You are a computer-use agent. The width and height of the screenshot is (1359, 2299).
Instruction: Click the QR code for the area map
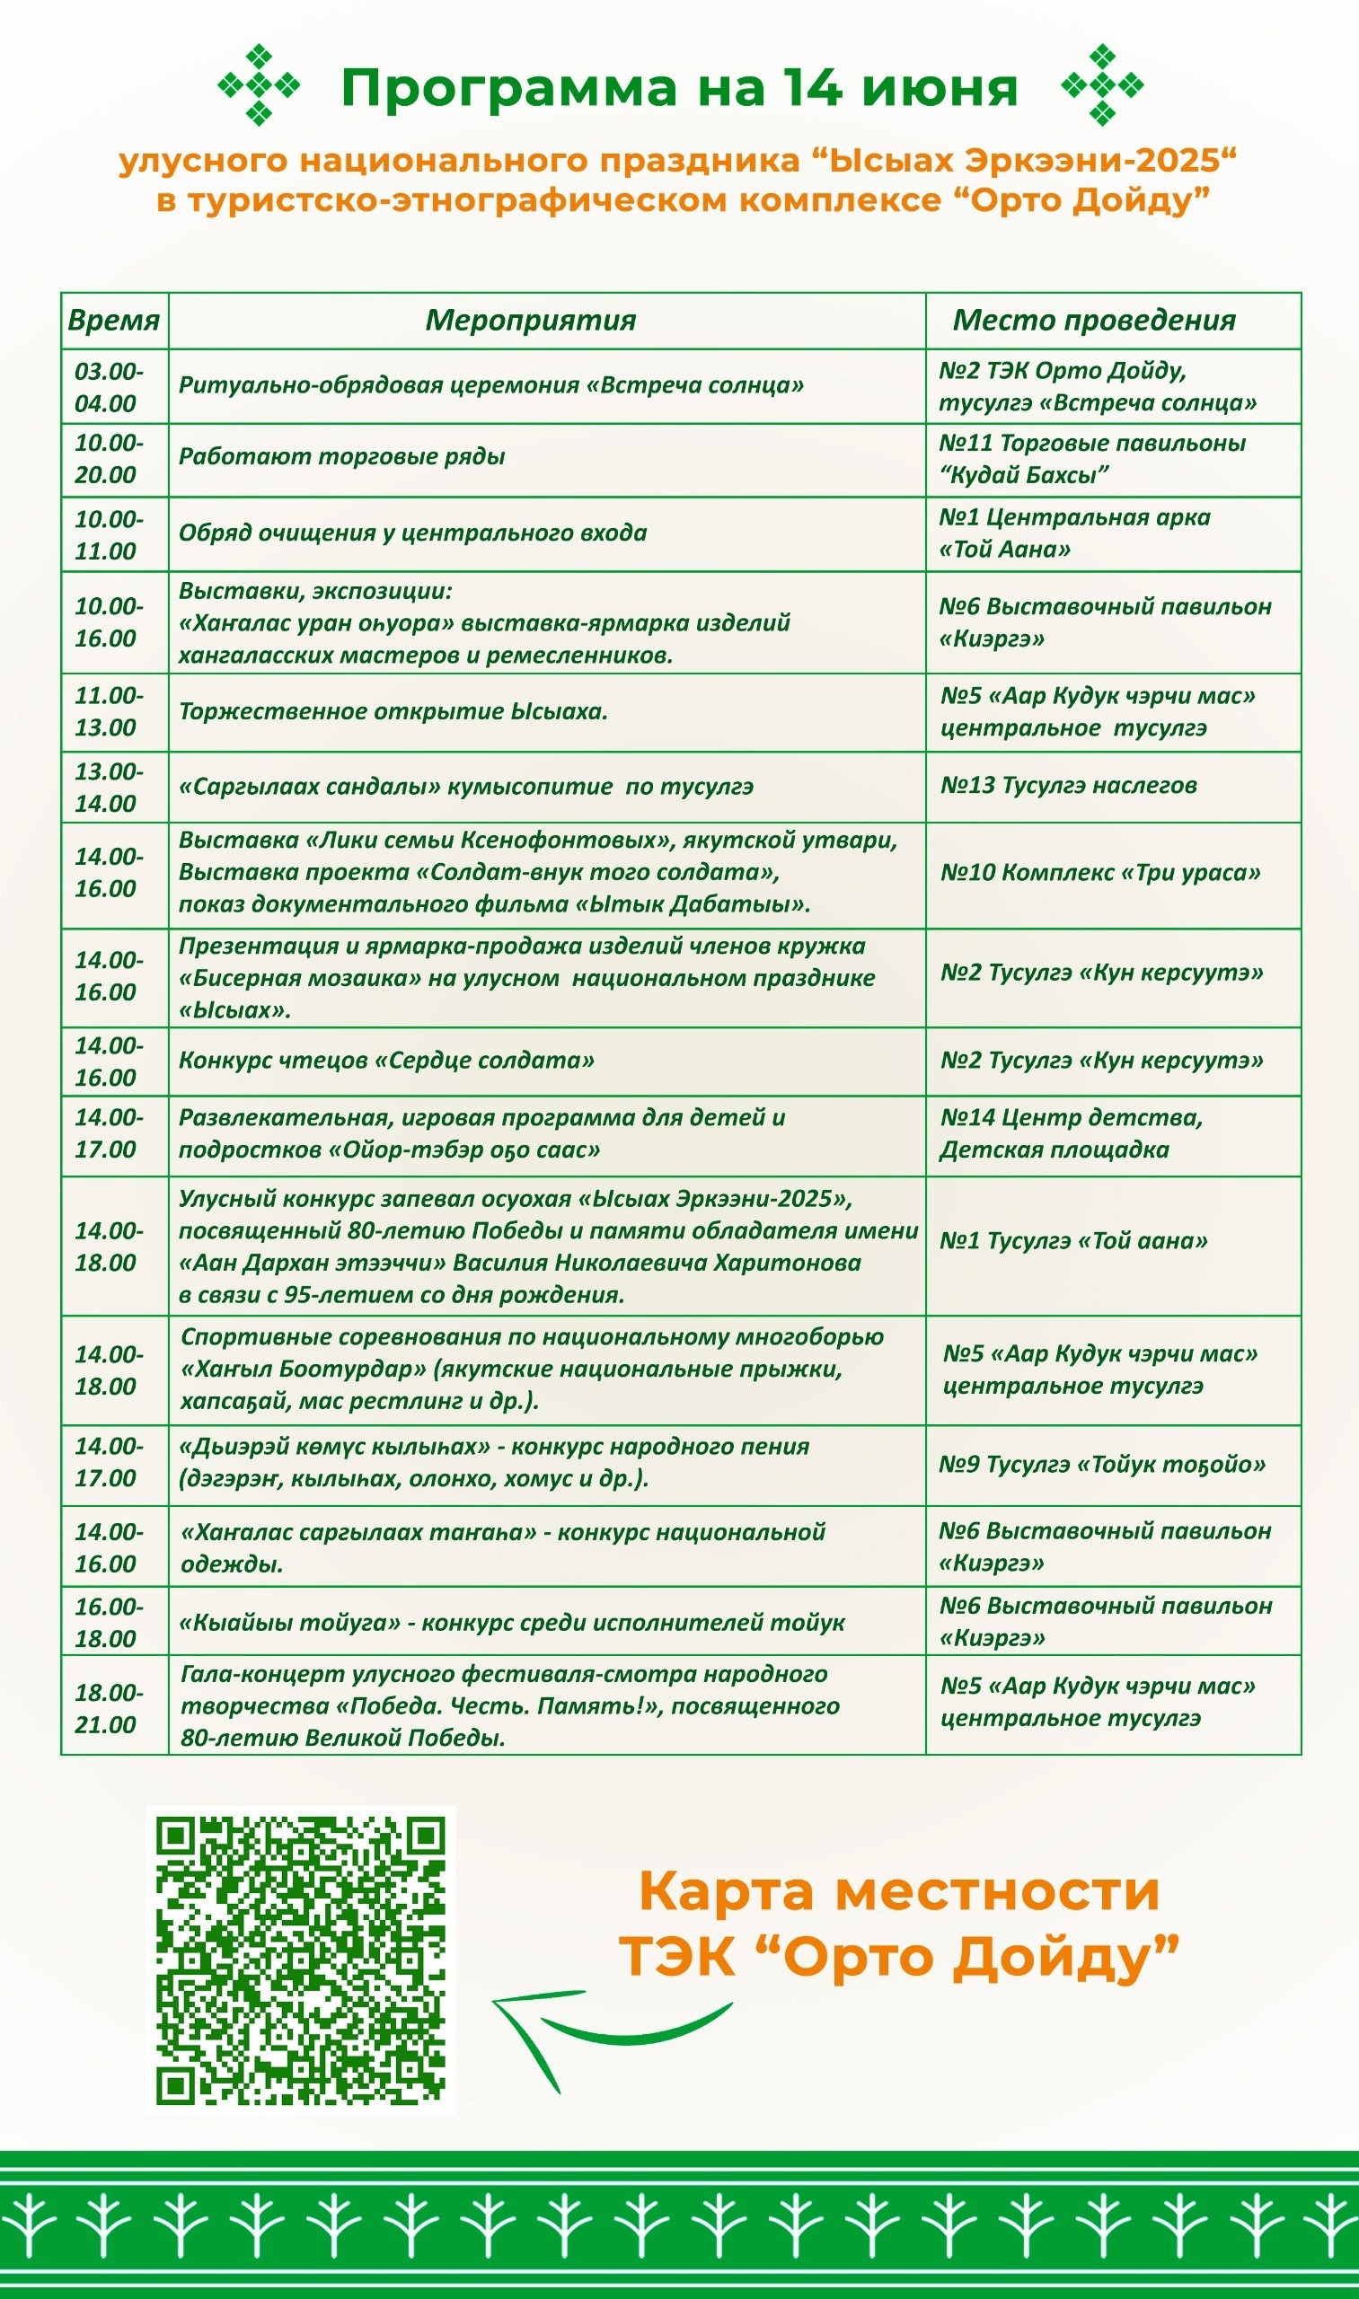click(x=300, y=1960)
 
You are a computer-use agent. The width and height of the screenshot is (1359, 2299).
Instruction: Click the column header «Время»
click(x=113, y=321)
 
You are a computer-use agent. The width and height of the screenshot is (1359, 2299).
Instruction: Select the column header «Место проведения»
click(x=1093, y=321)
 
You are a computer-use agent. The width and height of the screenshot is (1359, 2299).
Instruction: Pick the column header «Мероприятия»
click(x=530, y=321)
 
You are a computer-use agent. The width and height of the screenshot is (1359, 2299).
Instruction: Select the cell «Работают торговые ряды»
click(x=341, y=457)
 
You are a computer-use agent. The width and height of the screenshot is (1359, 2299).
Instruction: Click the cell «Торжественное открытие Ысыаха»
click(x=393, y=711)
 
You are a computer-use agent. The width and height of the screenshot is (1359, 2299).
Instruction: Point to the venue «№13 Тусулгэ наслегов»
click(x=1068, y=786)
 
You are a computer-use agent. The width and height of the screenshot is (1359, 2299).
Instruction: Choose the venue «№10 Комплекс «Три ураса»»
click(x=1099, y=873)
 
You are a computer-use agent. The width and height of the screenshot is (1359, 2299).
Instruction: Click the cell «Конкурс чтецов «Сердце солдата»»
click(x=385, y=1061)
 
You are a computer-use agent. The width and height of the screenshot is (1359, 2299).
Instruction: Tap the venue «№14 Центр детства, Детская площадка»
click(x=1071, y=1133)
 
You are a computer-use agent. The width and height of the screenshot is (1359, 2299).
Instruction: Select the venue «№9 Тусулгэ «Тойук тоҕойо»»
click(x=1102, y=1464)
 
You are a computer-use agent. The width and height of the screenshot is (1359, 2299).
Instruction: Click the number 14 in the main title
click(x=811, y=87)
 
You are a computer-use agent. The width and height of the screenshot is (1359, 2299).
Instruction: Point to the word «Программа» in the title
click(x=508, y=88)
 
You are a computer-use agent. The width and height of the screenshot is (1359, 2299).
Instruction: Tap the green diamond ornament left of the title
click(x=260, y=85)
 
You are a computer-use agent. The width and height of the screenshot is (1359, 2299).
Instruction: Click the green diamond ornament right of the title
click(x=1102, y=85)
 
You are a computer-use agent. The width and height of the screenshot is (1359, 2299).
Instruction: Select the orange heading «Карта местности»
click(x=899, y=1890)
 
